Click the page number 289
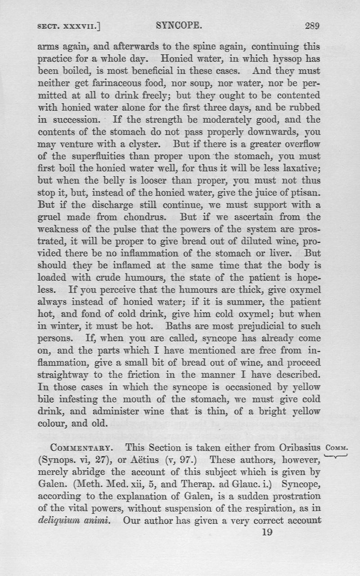(312, 26)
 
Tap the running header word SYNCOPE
(179, 26)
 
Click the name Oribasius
(298, 448)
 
